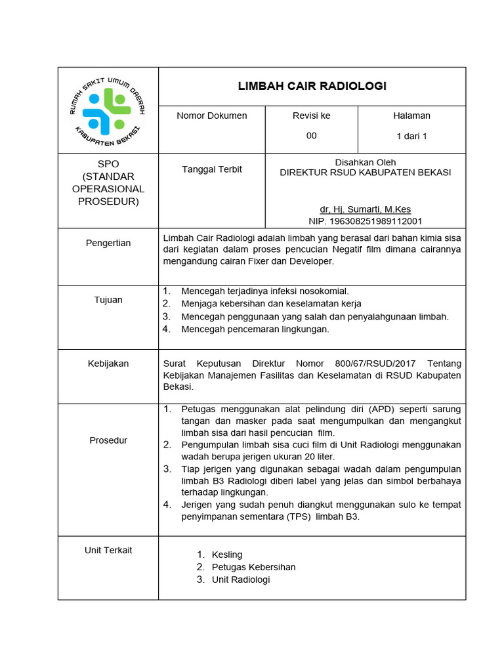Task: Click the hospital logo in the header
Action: pyautogui.click(x=108, y=110)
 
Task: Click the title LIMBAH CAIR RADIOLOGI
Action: pyautogui.click(x=312, y=86)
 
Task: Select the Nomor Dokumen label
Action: pyautogui.click(x=212, y=115)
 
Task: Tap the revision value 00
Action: pyautogui.click(x=311, y=136)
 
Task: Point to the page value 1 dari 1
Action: pyautogui.click(x=411, y=136)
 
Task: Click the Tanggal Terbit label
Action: pyautogui.click(x=212, y=169)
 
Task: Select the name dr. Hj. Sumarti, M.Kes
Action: pyautogui.click(x=366, y=209)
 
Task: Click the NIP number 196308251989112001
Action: pyautogui.click(x=366, y=221)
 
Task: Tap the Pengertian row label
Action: pyautogui.click(x=108, y=243)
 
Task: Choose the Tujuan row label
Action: pyautogui.click(x=108, y=300)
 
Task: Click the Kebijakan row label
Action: pyautogui.click(x=108, y=364)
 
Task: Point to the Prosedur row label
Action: pyautogui.click(x=108, y=440)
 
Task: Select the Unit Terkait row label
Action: pyautogui.click(x=108, y=550)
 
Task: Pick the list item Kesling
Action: pyautogui.click(x=227, y=555)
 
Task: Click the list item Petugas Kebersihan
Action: pyautogui.click(x=253, y=567)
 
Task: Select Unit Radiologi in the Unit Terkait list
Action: pyautogui.click(x=241, y=579)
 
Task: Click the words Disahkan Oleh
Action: pyautogui.click(x=366, y=162)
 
